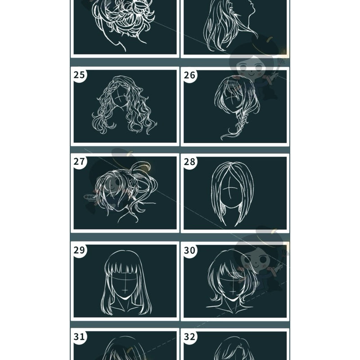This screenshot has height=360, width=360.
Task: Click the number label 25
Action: pos(79,75)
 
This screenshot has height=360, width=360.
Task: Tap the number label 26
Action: pos(189,75)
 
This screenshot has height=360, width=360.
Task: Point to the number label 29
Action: pos(79,250)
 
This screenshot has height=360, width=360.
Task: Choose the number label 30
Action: pos(189,250)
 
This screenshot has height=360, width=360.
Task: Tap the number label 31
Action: pos(79,337)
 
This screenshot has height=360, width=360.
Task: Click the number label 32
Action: pos(189,337)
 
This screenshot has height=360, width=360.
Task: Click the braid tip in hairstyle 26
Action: pos(224,135)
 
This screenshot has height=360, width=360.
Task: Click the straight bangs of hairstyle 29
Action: pos(125,270)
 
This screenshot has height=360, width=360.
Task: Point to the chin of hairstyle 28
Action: pos(231,207)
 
